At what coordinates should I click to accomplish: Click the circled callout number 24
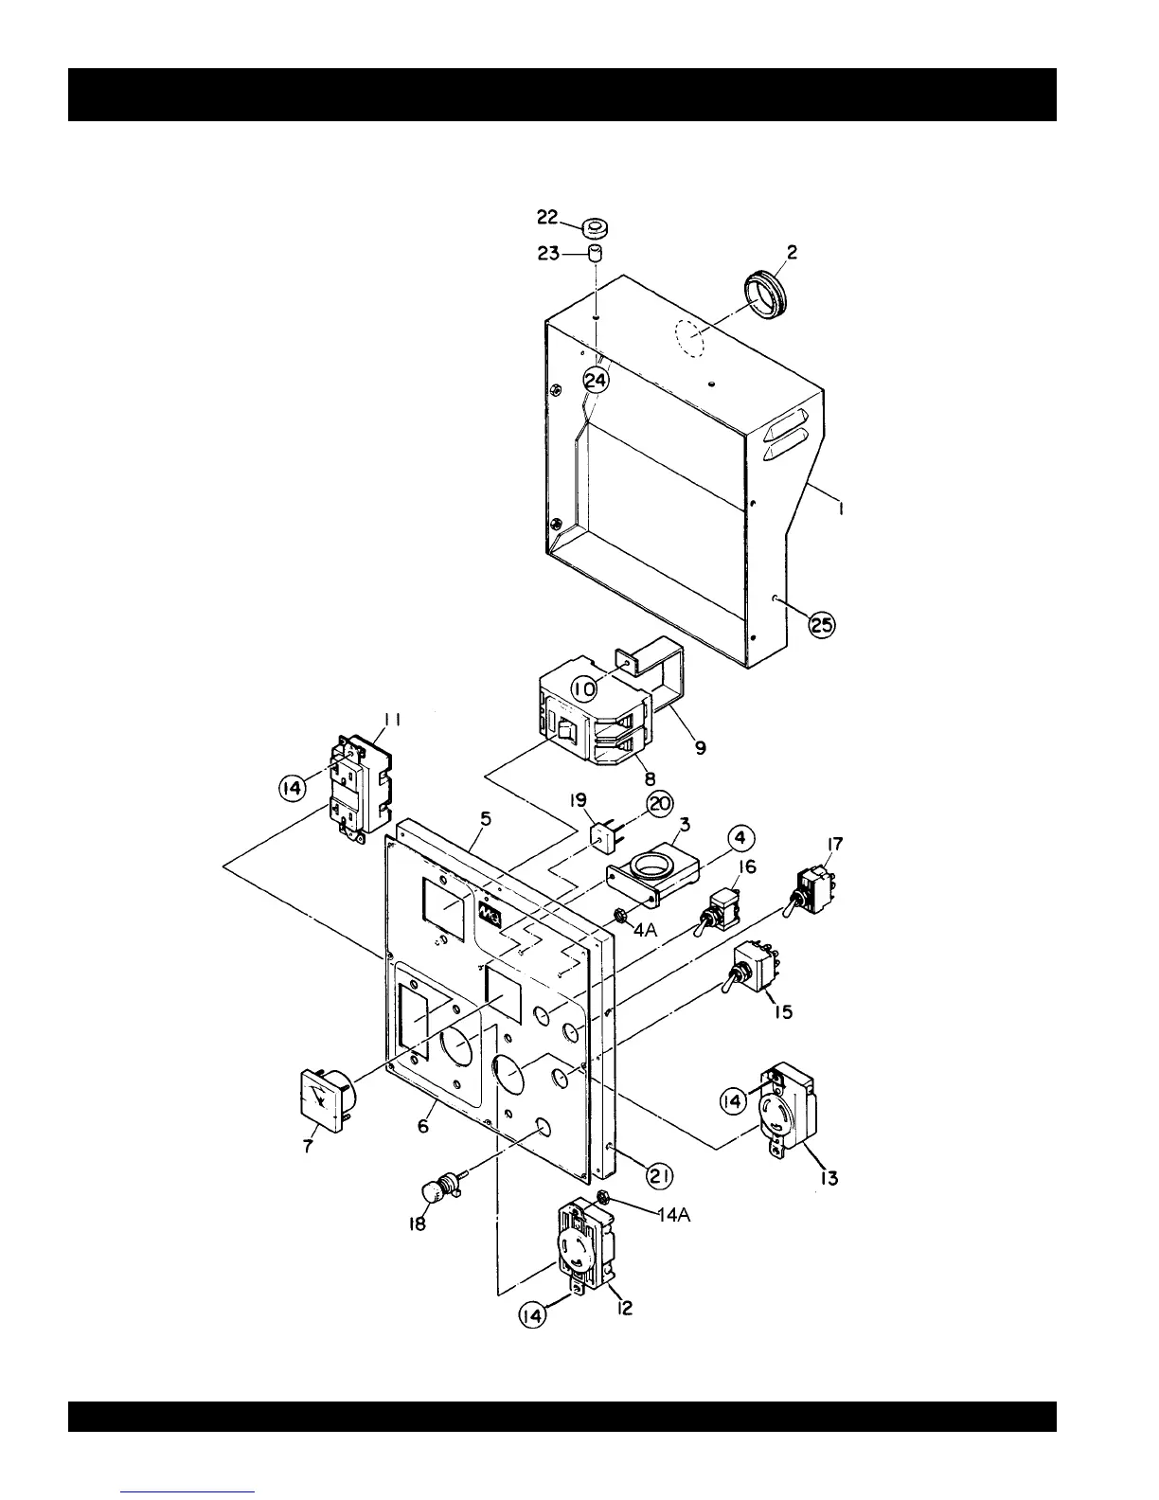596,380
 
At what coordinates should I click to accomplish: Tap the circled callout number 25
822,624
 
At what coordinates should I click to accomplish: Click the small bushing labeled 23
596,253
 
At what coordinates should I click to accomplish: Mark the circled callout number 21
659,1175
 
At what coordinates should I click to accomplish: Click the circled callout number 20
659,804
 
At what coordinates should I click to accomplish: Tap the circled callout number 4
741,839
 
